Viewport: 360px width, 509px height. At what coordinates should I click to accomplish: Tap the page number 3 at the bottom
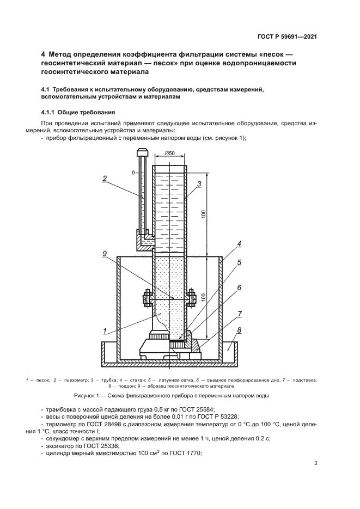pos(316,463)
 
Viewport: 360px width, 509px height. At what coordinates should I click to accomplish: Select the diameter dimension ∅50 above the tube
pos(169,154)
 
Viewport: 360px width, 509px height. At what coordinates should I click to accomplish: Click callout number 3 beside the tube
pos(200,184)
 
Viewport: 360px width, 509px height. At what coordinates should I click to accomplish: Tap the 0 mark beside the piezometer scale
pos(133,172)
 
